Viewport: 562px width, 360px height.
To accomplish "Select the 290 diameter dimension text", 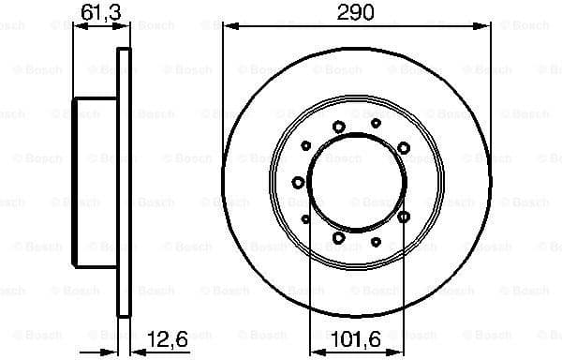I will (x=355, y=12).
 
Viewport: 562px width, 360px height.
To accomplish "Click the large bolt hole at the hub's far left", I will (x=299, y=182).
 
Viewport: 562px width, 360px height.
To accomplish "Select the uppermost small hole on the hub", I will (x=376, y=122).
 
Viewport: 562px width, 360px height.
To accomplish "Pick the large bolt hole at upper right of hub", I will (x=404, y=147).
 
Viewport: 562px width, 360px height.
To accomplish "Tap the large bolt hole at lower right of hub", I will (x=404, y=217).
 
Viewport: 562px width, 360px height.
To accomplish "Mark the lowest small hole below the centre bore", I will (x=376, y=242).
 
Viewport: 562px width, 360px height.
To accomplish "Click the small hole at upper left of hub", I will (x=306, y=145).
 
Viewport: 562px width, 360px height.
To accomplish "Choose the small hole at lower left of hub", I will (x=306, y=218).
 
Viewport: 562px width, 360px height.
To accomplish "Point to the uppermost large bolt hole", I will (x=339, y=127).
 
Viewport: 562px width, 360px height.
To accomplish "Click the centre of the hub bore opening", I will (x=356, y=182).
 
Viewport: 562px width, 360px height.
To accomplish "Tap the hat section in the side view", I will (x=94, y=182).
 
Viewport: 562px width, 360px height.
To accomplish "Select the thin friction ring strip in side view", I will (x=123, y=182).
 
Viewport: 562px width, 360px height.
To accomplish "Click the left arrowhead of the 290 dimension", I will (x=228, y=26).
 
